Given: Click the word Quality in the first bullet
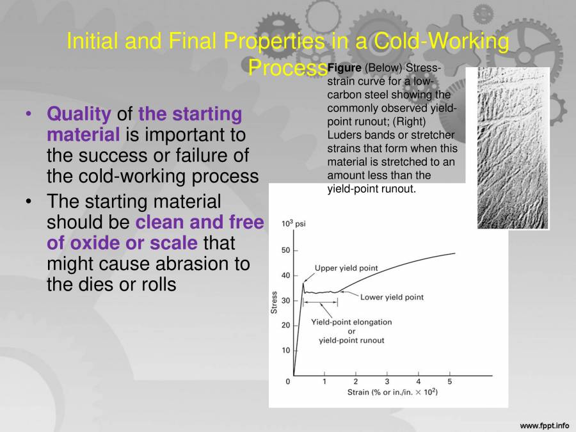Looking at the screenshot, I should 79,115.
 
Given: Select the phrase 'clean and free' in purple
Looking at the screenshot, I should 200,223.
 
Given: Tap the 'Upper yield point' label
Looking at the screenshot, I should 346,268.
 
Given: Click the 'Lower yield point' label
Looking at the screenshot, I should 392,297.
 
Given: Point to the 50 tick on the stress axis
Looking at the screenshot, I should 285,251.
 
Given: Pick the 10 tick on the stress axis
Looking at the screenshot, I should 285,351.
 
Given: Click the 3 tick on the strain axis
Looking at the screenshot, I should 387,381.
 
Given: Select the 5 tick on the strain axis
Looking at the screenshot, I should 449,381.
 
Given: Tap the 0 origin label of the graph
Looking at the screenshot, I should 288,381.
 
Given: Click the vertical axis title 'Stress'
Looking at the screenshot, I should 275,302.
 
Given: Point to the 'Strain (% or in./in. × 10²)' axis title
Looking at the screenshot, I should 392,392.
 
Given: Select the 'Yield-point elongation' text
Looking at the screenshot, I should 351,322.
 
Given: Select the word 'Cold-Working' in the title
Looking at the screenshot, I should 441,42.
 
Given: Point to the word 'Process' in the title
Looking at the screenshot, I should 287,67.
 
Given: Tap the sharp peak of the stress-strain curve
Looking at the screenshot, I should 303,284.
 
